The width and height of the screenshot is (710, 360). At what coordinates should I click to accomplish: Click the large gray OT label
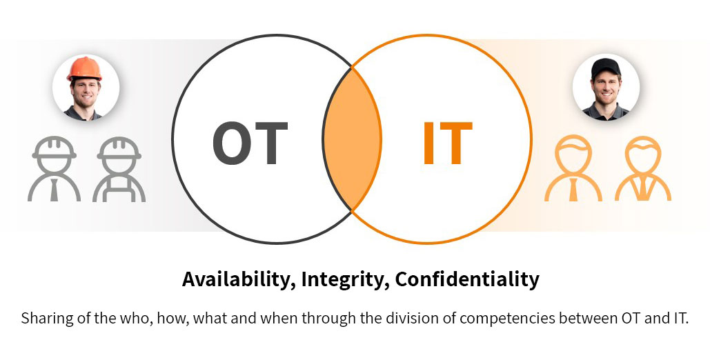coord(250,143)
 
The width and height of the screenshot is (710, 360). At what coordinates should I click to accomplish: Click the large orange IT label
coord(448,143)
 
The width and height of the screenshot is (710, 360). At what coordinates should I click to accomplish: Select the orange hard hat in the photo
coord(84,68)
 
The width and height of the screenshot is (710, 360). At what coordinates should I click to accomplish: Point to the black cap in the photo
coord(606,68)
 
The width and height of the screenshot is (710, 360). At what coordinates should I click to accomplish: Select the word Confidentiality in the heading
coord(467,279)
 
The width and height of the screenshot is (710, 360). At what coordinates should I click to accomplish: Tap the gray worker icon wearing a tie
coord(55,168)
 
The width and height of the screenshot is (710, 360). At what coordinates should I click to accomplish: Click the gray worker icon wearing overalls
coord(119,168)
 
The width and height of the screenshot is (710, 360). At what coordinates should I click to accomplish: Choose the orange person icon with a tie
coord(573,168)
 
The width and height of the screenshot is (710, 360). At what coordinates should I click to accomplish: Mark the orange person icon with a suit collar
coord(643,168)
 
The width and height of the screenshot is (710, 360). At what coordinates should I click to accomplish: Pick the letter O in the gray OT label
coord(232,143)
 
